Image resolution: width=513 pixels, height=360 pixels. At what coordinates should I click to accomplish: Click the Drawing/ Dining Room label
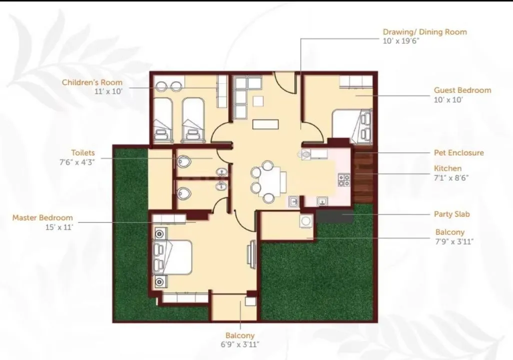(x=425, y=32)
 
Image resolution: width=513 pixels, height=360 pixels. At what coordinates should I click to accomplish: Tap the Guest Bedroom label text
(x=462, y=90)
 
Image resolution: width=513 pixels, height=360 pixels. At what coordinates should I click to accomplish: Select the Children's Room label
(x=92, y=82)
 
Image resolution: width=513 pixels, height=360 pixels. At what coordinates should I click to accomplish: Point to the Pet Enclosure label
(x=459, y=153)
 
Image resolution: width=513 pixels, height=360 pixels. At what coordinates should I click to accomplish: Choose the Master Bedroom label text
(x=42, y=218)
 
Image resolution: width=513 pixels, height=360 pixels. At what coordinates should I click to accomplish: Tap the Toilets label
(x=83, y=153)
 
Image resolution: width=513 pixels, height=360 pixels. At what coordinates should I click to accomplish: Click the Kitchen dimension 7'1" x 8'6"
(x=451, y=177)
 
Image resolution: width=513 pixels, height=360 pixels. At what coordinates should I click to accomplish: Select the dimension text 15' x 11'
(x=59, y=227)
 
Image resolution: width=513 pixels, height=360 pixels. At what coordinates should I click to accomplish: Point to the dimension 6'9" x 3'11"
(x=241, y=345)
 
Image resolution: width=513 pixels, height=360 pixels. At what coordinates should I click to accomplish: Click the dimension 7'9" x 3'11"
(x=454, y=241)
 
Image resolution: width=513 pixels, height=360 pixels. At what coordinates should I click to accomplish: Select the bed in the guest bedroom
(x=352, y=125)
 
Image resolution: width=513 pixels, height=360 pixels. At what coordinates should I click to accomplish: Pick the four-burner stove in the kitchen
(x=344, y=180)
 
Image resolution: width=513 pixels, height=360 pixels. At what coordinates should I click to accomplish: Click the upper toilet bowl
(x=184, y=161)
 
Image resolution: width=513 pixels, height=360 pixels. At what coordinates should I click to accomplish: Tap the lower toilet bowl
(x=184, y=193)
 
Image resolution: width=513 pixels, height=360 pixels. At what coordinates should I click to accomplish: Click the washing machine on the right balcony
(x=306, y=221)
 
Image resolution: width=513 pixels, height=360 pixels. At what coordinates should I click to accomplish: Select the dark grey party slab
(x=335, y=216)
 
